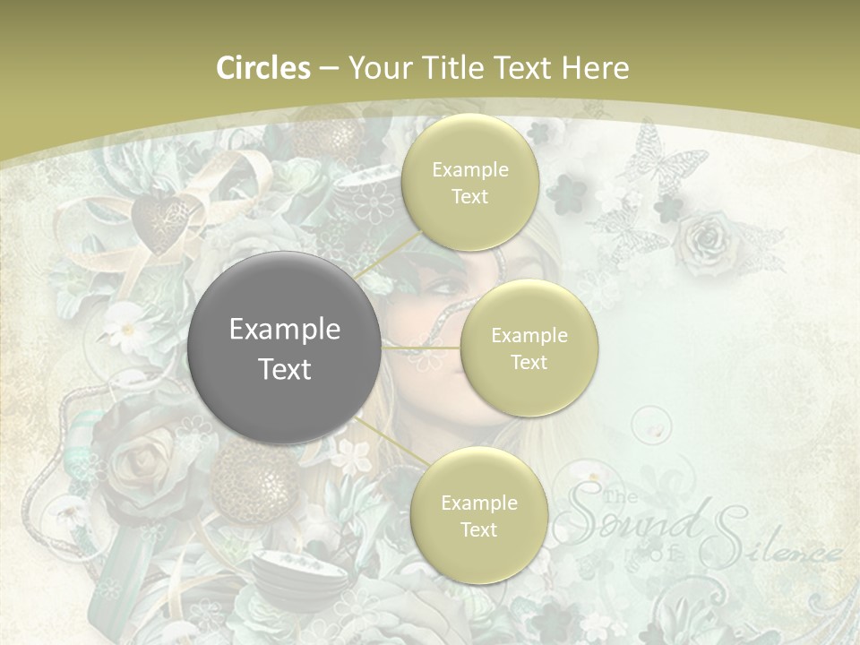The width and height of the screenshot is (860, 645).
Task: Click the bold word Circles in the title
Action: tap(262, 68)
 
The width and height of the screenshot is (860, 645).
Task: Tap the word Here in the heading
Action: tap(595, 68)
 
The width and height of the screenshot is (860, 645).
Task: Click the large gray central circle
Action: tap(285, 348)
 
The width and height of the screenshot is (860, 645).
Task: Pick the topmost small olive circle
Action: tap(469, 182)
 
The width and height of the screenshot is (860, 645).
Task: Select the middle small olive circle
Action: tap(529, 348)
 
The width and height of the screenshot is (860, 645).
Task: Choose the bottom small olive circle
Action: tap(478, 515)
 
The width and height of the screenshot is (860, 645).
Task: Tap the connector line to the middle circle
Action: tap(421, 348)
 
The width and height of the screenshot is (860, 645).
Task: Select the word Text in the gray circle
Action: tap(285, 368)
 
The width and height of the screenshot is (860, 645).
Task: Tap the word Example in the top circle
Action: tap(469, 169)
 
